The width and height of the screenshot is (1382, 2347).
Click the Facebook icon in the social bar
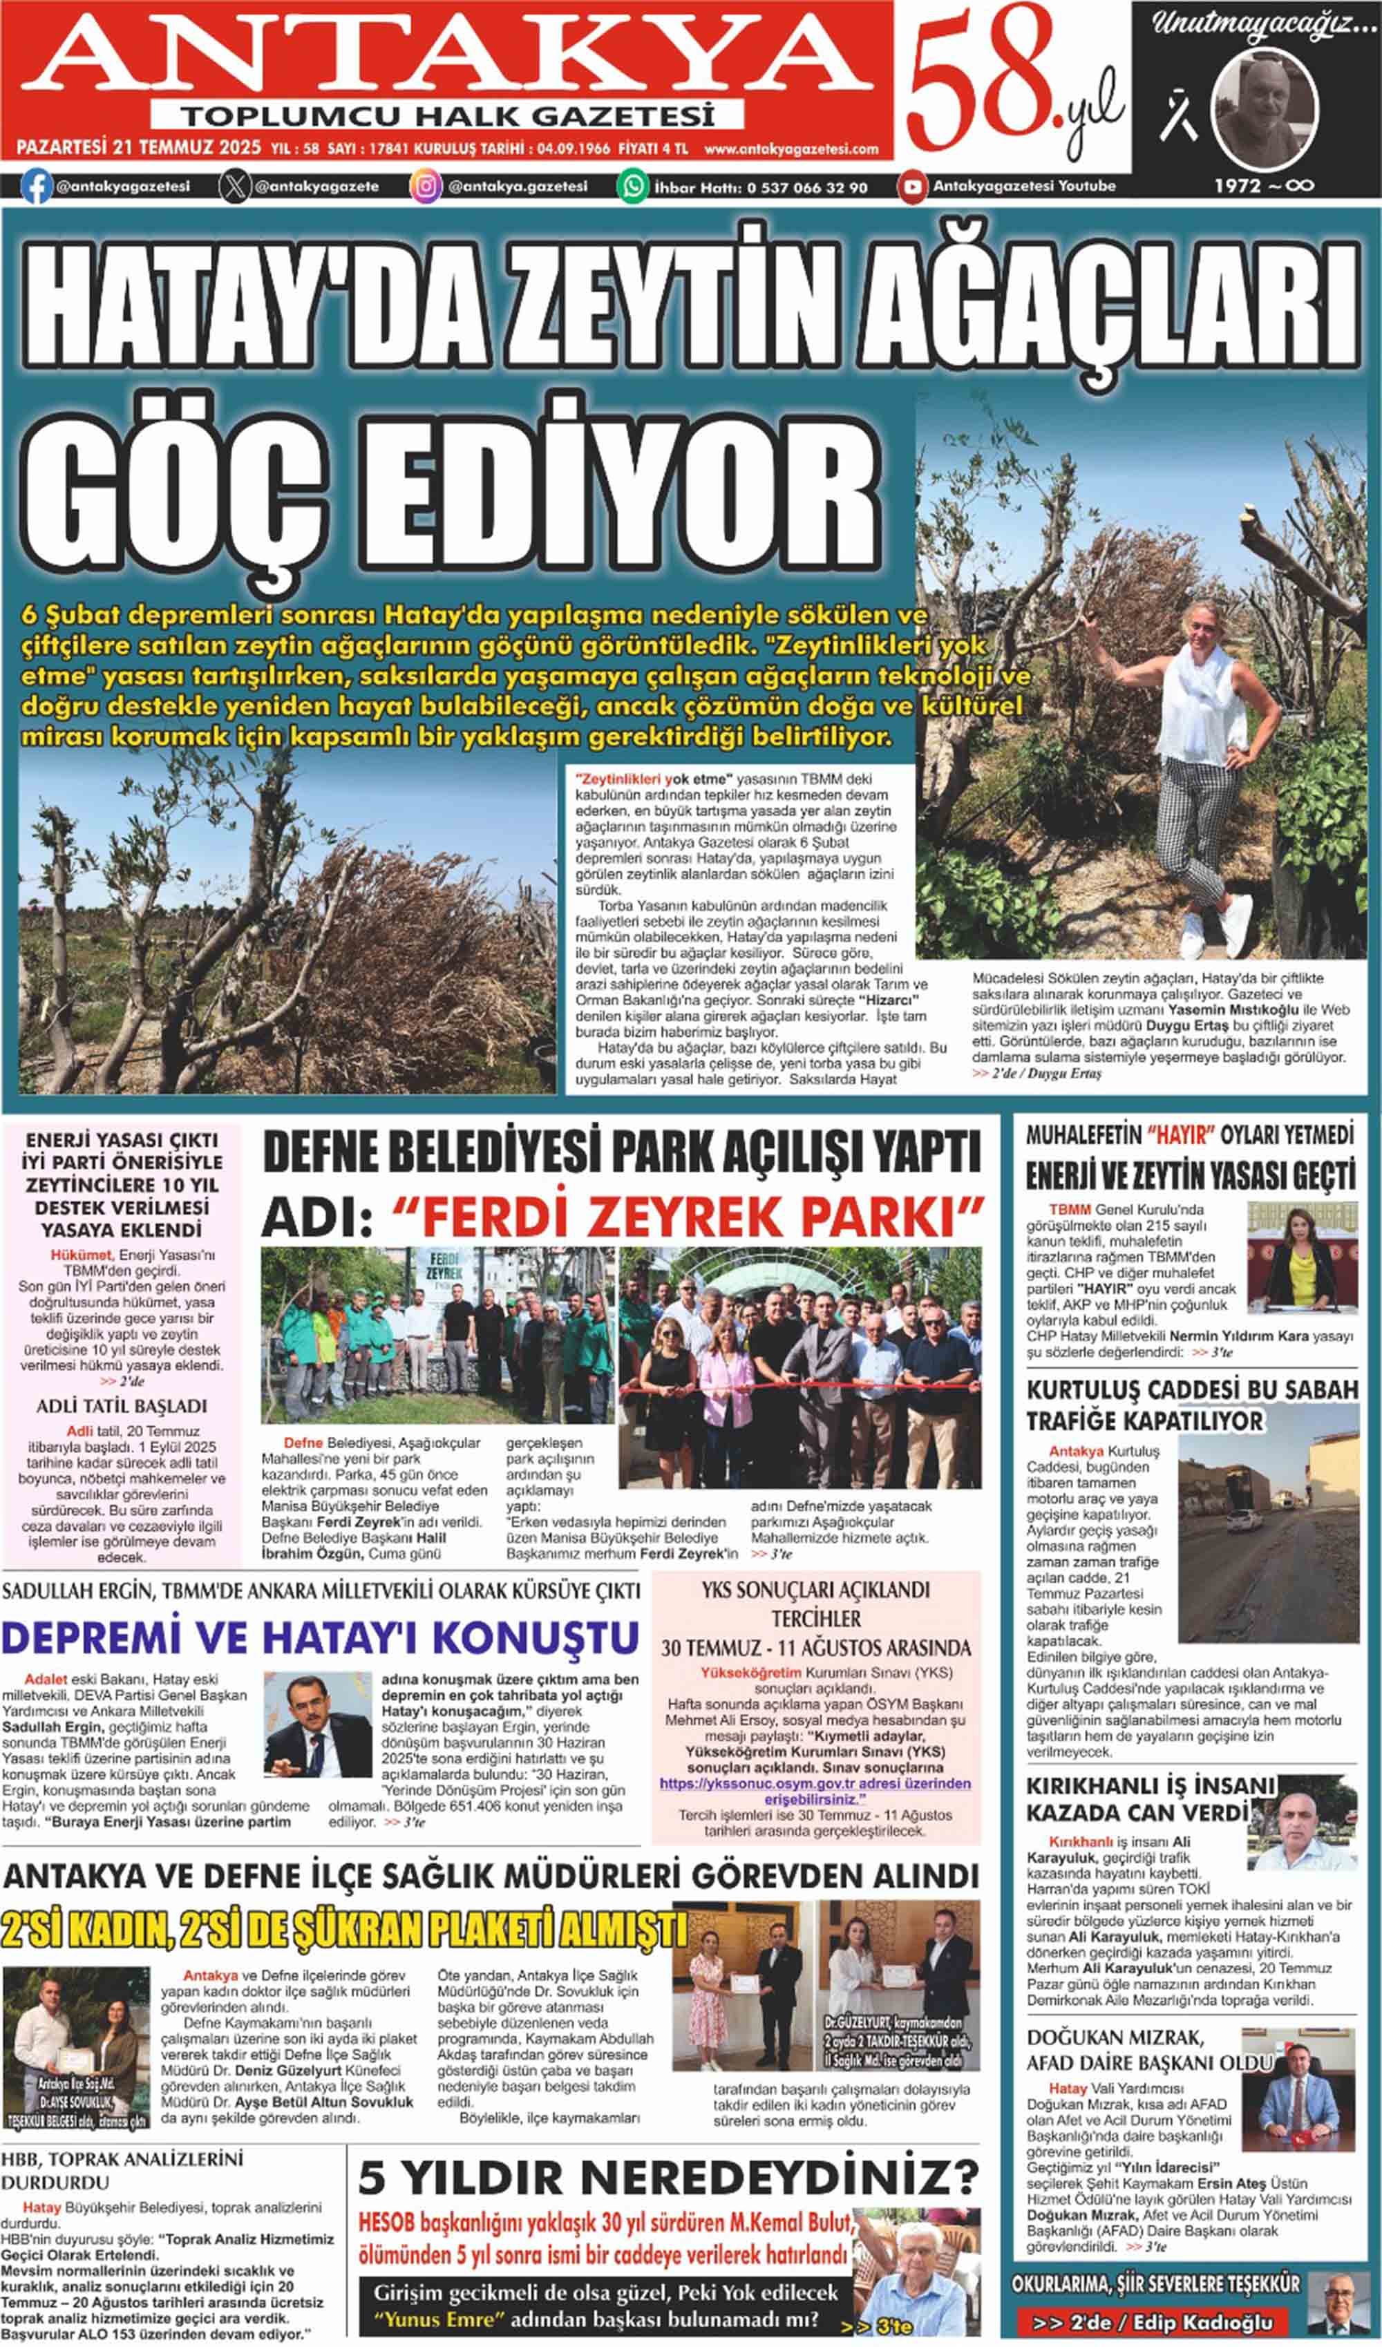coord(35,187)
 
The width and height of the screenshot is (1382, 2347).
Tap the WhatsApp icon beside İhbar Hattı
coord(632,187)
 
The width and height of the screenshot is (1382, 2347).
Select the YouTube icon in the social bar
coord(913,187)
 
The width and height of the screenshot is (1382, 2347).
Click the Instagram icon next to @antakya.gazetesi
coord(425,187)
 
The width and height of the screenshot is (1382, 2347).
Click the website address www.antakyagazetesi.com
coord(791,149)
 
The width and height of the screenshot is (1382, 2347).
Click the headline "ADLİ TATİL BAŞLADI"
coord(122,1407)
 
